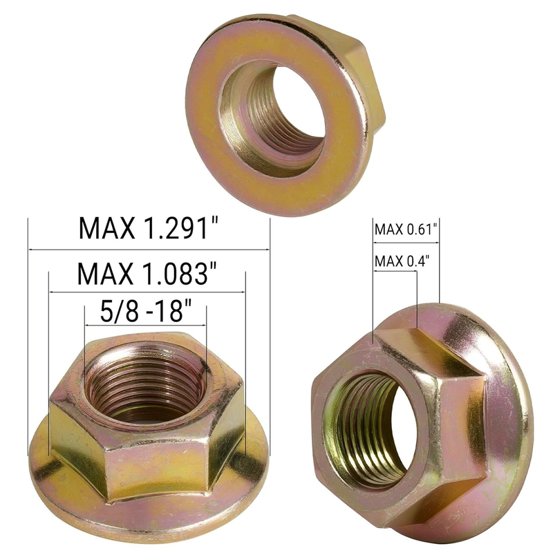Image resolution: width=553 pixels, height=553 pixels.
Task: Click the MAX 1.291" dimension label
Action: [149, 229]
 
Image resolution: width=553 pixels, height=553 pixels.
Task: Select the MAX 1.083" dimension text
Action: [147, 273]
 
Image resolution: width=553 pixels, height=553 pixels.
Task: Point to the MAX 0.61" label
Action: [406, 229]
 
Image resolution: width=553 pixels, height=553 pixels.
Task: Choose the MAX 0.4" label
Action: [402, 261]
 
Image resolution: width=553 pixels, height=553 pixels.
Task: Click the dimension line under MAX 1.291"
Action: [149, 250]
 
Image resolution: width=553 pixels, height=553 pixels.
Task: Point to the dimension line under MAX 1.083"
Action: [147, 292]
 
